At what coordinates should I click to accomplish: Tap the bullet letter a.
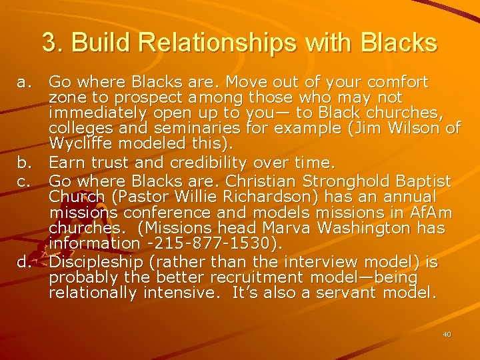pos(24,82)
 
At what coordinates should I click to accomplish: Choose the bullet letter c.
pos(24,181)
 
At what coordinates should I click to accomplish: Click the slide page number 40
pos(447,334)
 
